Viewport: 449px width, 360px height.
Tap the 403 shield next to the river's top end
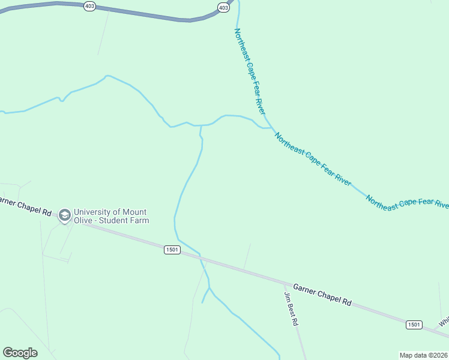[x=223, y=7]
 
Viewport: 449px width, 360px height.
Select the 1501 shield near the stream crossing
[x=172, y=250]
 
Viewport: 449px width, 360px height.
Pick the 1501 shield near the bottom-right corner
[x=413, y=324]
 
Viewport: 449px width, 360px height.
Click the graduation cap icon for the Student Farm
[x=65, y=216]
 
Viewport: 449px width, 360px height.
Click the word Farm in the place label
[x=139, y=220]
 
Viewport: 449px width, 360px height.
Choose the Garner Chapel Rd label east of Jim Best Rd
[x=322, y=293]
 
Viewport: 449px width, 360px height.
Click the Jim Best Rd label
[x=291, y=309]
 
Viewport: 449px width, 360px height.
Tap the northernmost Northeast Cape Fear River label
[x=249, y=71]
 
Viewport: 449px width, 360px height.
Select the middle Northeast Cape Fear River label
[x=313, y=160]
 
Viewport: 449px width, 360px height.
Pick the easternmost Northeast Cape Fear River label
[x=407, y=203]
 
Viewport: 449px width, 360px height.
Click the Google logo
[x=20, y=353]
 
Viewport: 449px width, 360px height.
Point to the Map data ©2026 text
[x=424, y=355]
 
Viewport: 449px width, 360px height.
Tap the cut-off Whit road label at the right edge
[x=444, y=322]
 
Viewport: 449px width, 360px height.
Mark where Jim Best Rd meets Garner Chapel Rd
[x=284, y=280]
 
